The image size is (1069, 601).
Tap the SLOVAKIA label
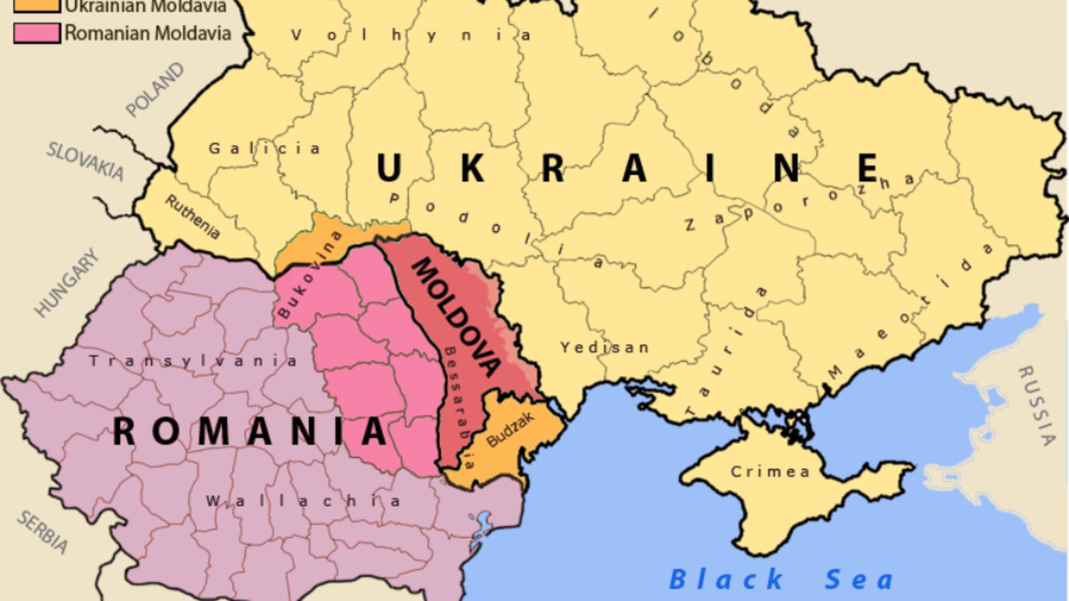click(85, 161)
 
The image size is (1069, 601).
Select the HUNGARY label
click(66, 283)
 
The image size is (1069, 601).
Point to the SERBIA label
click(43, 532)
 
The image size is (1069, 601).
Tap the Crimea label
click(770, 472)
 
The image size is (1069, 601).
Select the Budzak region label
click(510, 430)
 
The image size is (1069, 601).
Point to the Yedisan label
click(605, 348)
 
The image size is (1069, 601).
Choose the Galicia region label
click(264, 149)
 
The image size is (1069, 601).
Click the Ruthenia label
click(192, 217)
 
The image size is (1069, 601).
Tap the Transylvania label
click(193, 361)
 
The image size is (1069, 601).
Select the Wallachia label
click(303, 501)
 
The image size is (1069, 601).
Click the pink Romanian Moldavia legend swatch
click(37, 33)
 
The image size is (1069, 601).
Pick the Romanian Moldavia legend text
click(148, 33)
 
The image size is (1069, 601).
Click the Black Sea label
click(781, 579)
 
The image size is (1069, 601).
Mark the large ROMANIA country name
click(250, 431)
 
